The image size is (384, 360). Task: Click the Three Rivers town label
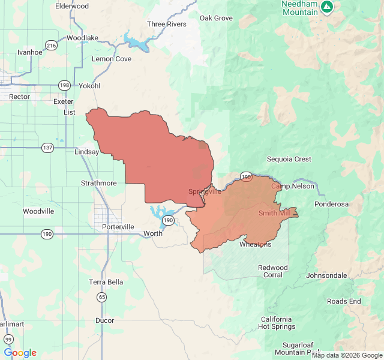167,25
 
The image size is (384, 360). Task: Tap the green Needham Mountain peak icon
326,7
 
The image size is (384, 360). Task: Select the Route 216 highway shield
51,45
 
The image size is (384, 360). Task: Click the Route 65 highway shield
102,297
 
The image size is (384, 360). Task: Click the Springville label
205,191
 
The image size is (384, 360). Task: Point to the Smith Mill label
275,213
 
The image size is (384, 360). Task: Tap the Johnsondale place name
326,275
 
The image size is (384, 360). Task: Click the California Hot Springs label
276,323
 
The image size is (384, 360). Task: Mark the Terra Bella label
106,282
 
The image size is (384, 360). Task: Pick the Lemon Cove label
111,59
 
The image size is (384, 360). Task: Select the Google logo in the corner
20,353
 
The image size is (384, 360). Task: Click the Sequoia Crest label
289,159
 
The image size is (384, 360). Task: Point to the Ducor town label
104,320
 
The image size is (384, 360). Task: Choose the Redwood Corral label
273,271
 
